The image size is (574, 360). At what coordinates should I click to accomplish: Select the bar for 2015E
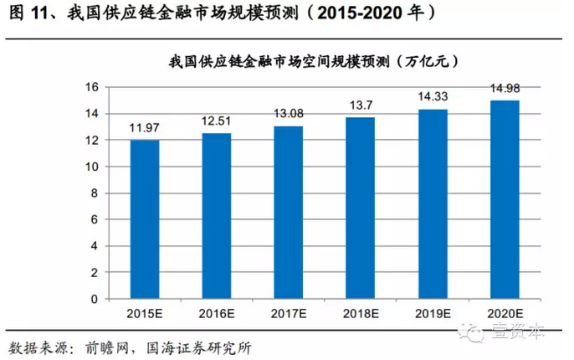click(145, 219)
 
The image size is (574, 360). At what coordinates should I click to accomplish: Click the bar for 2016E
click(216, 216)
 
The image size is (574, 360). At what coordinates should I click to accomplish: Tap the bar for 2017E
click(288, 213)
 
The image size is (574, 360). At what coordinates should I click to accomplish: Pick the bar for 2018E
click(361, 208)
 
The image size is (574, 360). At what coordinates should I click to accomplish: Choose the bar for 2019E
click(433, 204)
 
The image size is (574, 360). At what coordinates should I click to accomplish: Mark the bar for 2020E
click(505, 200)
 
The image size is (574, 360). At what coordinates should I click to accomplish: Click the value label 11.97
click(145, 128)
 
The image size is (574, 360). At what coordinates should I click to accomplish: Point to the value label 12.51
click(217, 121)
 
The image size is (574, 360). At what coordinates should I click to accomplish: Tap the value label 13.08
click(289, 114)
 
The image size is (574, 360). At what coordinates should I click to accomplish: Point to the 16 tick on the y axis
click(93, 87)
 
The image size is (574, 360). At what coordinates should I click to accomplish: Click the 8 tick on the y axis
click(96, 193)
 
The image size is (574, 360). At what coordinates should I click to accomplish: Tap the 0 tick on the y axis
click(96, 299)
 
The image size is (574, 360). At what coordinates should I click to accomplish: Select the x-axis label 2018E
click(361, 314)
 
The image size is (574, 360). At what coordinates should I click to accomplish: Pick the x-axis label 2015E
click(145, 314)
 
